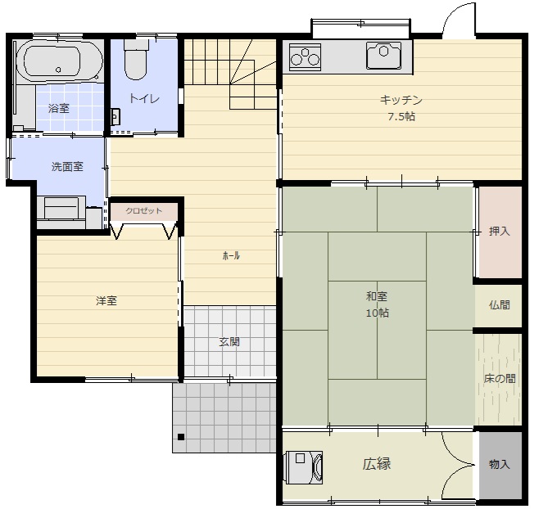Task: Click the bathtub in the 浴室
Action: click(x=59, y=61)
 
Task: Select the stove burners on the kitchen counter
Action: click(x=305, y=56)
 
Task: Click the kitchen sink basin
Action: click(x=384, y=56)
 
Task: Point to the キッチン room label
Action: click(x=401, y=100)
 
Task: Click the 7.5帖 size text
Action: click(x=401, y=117)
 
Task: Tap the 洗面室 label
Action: click(x=67, y=167)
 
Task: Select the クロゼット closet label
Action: click(x=143, y=211)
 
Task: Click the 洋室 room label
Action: click(x=106, y=301)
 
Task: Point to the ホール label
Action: click(x=231, y=255)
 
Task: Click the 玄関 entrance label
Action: click(x=229, y=341)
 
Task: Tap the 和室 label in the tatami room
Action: click(x=377, y=296)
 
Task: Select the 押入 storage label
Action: click(x=500, y=232)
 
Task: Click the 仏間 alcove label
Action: click(x=500, y=305)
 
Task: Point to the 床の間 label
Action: click(x=500, y=378)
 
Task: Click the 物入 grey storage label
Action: click(x=500, y=464)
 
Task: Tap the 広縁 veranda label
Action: click(x=376, y=464)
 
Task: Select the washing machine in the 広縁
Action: click(x=304, y=467)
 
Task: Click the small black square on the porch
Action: click(x=181, y=437)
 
